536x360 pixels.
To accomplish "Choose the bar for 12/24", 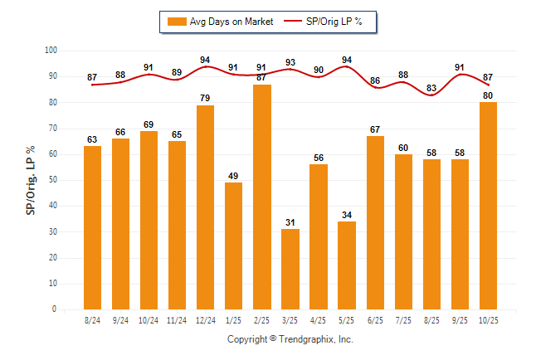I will (x=205, y=207).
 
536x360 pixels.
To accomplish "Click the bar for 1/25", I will (x=233, y=246).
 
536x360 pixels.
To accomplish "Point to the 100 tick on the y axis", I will (x=51, y=51).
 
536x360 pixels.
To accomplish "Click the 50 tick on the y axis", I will (x=53, y=180).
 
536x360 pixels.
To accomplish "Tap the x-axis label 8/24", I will (x=92, y=319).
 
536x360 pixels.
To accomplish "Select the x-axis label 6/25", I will (x=375, y=319).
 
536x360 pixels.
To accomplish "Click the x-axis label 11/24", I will (x=177, y=319).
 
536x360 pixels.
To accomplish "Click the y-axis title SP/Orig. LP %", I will (x=31, y=180).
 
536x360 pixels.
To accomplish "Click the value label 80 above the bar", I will (x=488, y=94).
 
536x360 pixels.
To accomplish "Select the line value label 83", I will (x=431, y=87).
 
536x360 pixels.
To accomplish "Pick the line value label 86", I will (x=375, y=80).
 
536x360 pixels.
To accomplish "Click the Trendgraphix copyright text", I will (x=290, y=339).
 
